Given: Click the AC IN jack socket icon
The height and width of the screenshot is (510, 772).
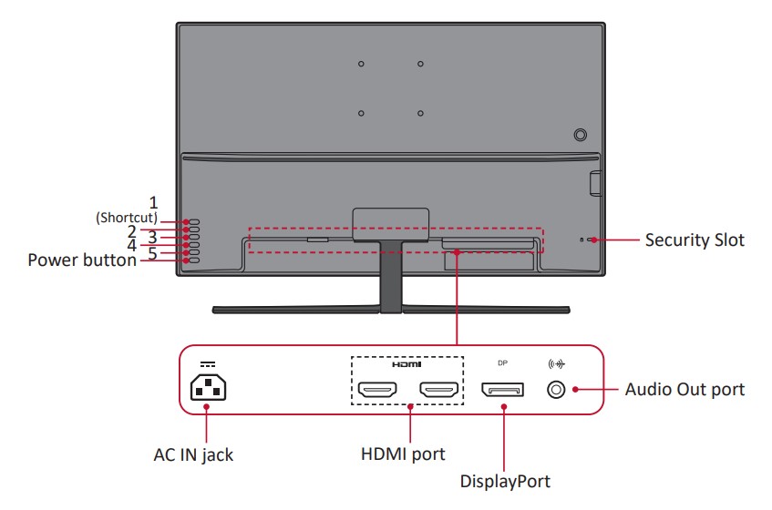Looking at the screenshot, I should [x=207, y=389].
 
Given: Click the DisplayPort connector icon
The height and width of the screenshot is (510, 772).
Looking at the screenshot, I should [x=502, y=391].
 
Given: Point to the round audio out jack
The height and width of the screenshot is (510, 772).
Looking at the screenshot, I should [x=555, y=390].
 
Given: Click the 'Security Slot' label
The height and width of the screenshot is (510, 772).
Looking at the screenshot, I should [x=695, y=240].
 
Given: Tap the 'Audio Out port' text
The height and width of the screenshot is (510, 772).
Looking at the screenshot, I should [x=685, y=390].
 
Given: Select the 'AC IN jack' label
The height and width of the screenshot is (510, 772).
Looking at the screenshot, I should [x=192, y=454].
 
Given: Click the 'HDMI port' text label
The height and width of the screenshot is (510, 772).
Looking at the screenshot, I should [x=407, y=453].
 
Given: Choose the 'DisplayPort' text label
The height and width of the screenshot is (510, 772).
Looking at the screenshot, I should [x=505, y=480].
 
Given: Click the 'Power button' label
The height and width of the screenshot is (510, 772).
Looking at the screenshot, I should [x=82, y=260].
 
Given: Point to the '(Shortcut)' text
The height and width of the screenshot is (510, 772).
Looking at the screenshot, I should [x=127, y=219].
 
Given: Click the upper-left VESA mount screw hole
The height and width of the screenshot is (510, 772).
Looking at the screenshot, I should [x=361, y=64].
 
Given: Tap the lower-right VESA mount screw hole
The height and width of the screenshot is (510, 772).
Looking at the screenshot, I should [x=420, y=113].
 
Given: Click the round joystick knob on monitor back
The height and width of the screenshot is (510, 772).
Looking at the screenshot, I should [x=581, y=134].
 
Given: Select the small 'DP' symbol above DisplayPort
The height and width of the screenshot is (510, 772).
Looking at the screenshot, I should [x=502, y=362].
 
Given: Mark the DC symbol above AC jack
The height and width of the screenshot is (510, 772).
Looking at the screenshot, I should [x=207, y=362].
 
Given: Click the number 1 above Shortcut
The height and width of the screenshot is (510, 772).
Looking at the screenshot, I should [x=154, y=201].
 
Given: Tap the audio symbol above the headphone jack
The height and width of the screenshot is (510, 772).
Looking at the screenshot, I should [x=555, y=363].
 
